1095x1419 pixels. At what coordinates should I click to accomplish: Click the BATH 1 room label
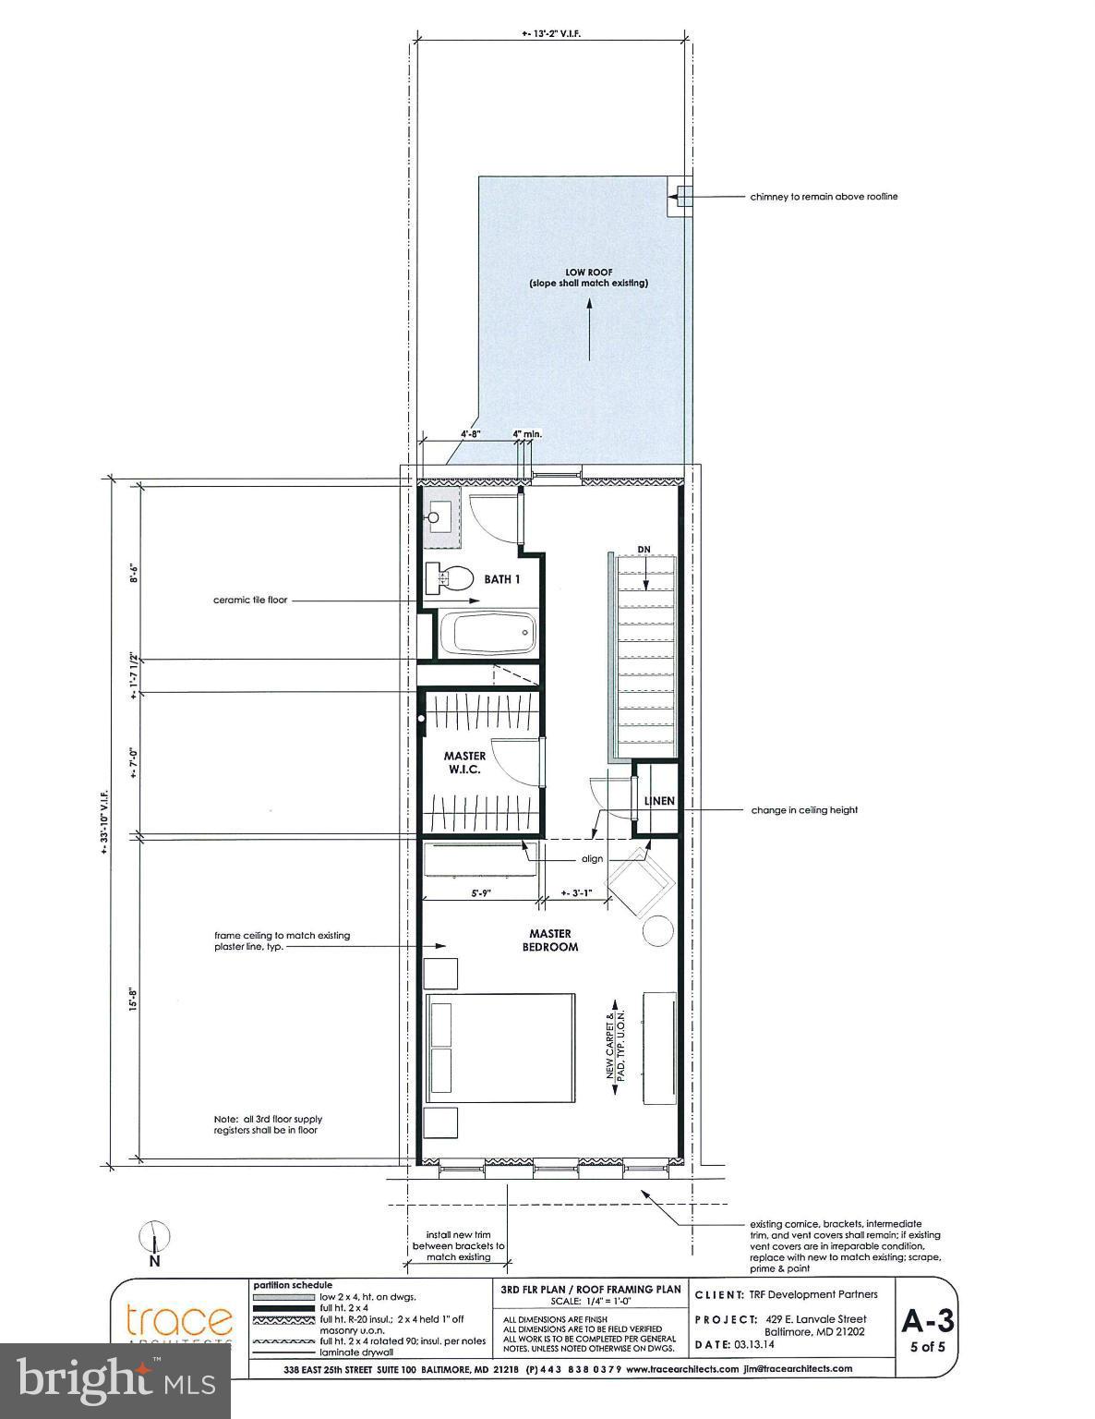[x=504, y=580]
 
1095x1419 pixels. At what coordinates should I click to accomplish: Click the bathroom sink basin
[x=434, y=518]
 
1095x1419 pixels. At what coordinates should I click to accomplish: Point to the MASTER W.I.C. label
[x=463, y=763]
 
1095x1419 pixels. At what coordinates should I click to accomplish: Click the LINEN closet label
[x=659, y=801]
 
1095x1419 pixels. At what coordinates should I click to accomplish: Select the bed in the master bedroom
[x=499, y=1049]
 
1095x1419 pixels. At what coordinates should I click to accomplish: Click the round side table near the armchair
[x=658, y=929]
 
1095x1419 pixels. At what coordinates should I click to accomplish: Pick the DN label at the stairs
[x=644, y=550]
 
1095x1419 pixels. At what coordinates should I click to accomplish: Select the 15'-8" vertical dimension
[x=134, y=1000]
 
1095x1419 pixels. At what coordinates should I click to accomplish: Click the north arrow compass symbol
[x=155, y=1236]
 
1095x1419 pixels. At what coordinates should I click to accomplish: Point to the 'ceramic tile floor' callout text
[x=250, y=600]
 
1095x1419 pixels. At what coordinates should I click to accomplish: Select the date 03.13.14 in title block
[x=760, y=1344]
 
